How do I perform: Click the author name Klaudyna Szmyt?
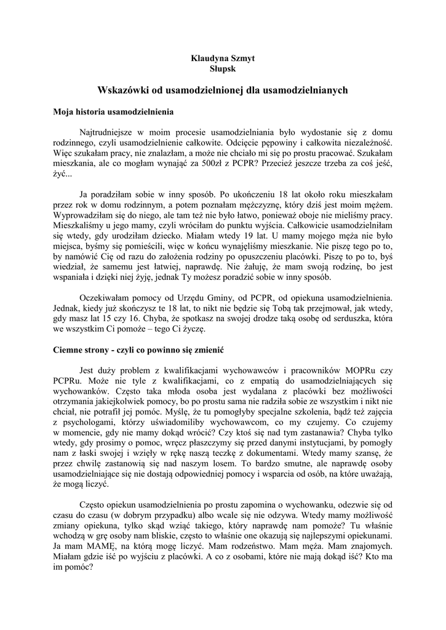223,58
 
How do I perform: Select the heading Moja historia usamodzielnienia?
114,113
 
